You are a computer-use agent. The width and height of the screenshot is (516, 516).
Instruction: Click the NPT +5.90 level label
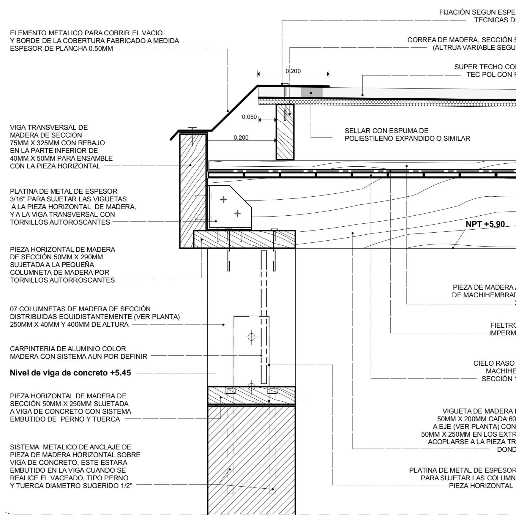[485, 224]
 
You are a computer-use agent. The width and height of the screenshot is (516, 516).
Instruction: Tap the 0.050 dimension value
[249, 117]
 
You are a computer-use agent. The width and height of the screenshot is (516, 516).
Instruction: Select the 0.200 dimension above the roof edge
[293, 71]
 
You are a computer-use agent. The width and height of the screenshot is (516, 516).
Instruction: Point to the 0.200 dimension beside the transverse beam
[241, 138]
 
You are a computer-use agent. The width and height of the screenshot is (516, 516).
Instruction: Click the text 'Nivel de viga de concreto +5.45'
[70, 373]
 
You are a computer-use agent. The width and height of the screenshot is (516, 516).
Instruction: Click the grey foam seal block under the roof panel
[312, 92]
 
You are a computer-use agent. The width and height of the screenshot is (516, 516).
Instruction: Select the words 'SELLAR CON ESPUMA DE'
[386, 131]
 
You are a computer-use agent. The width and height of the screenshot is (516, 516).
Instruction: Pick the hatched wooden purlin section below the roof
[285, 132]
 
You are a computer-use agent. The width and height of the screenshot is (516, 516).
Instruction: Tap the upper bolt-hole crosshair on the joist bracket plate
[224, 200]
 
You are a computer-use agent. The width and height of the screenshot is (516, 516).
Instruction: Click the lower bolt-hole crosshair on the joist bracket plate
[237, 213]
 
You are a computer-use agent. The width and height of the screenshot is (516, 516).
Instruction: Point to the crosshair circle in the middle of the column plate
[252, 337]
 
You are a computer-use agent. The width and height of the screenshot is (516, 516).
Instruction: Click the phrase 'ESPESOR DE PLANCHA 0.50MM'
[61, 49]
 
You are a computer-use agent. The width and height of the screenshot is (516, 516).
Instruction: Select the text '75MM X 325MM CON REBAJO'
[57, 143]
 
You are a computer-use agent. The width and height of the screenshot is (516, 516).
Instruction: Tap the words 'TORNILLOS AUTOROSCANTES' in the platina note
[60, 222]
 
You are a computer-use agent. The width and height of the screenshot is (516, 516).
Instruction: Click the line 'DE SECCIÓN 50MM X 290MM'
[56, 257]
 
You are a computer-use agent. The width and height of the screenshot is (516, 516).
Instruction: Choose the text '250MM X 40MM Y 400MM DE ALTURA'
[69, 324]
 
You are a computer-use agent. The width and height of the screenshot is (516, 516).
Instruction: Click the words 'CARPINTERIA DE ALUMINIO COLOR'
[68, 349]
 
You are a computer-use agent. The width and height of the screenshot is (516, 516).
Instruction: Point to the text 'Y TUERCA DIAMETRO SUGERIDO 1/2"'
[71, 486]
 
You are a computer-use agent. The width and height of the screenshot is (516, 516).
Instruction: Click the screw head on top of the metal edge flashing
[192, 128]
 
